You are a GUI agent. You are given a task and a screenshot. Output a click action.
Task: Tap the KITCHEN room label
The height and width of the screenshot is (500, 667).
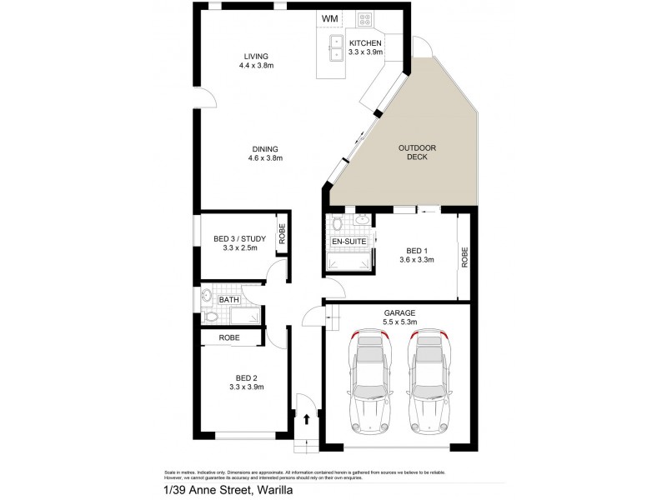tap(365, 42)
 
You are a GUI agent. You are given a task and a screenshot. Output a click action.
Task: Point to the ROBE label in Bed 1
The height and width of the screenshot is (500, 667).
tap(464, 257)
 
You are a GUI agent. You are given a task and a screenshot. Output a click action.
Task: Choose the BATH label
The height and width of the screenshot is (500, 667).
tap(228, 299)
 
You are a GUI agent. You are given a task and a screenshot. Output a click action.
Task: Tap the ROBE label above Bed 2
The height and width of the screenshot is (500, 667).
tap(231, 337)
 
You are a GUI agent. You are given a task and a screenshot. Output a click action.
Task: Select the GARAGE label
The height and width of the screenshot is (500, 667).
tap(399, 312)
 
